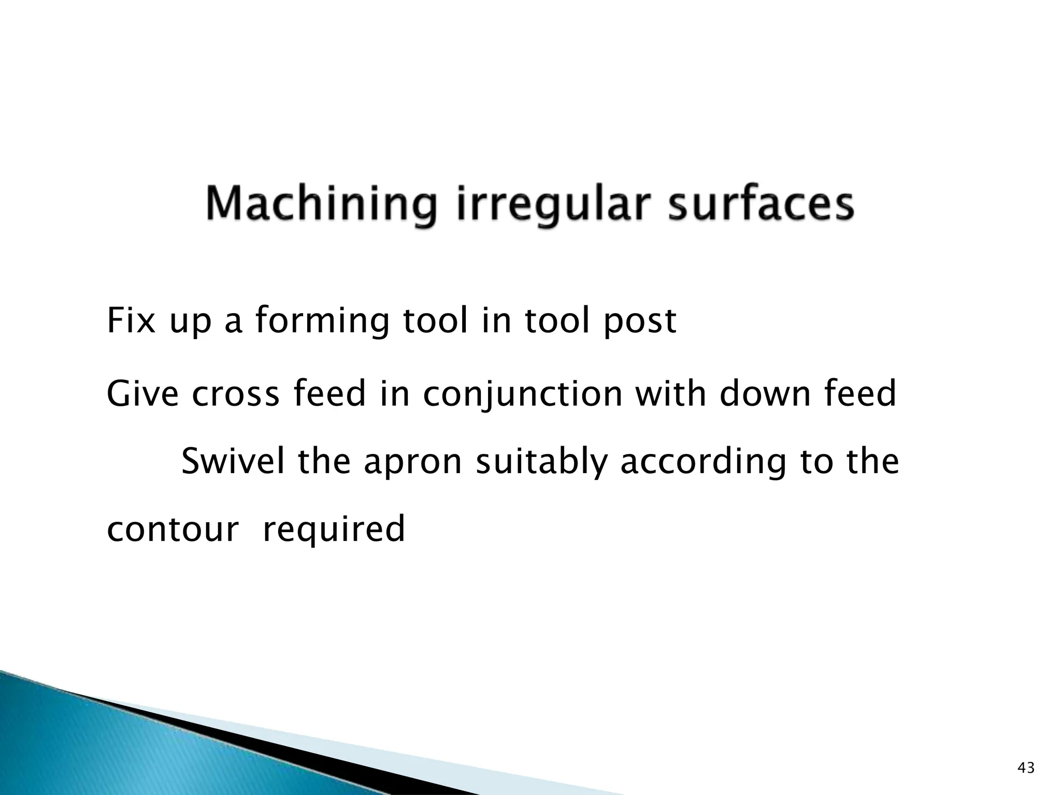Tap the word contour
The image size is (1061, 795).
click(x=173, y=529)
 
